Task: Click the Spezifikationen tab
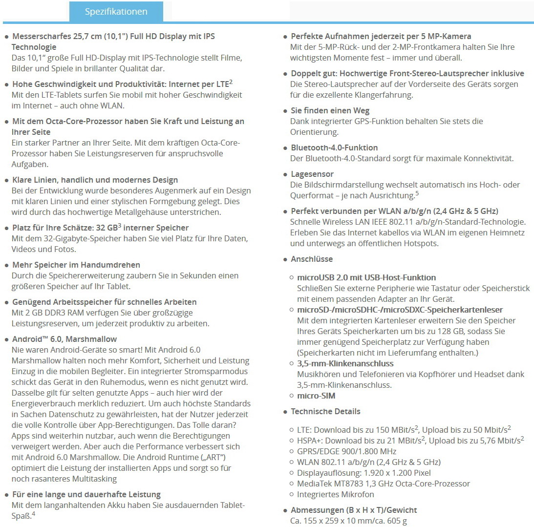pos(116,11)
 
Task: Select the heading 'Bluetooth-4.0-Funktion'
pos(334,148)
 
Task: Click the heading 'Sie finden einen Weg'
pos(330,110)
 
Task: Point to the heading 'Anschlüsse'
pos(312,259)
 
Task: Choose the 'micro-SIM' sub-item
pos(316,396)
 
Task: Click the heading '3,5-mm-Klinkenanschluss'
pos(345,363)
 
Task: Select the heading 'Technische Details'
pos(325,411)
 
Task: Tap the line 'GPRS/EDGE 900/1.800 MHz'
pos(346,451)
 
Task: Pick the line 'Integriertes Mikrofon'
pos(336,494)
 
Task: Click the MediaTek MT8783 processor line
pos(383,484)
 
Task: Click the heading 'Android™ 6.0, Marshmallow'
pos(64,339)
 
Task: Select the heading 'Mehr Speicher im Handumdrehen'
pos(76,265)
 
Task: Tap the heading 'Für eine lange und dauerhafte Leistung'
pos(86,494)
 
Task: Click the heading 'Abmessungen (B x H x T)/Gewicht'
pos(354,510)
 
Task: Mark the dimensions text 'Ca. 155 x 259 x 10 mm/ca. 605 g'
pos(348,521)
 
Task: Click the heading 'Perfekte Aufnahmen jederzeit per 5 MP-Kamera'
pos(381,36)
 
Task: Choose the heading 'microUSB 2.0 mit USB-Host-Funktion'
pos(366,277)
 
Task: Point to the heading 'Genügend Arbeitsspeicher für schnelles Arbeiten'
pos(104,302)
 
